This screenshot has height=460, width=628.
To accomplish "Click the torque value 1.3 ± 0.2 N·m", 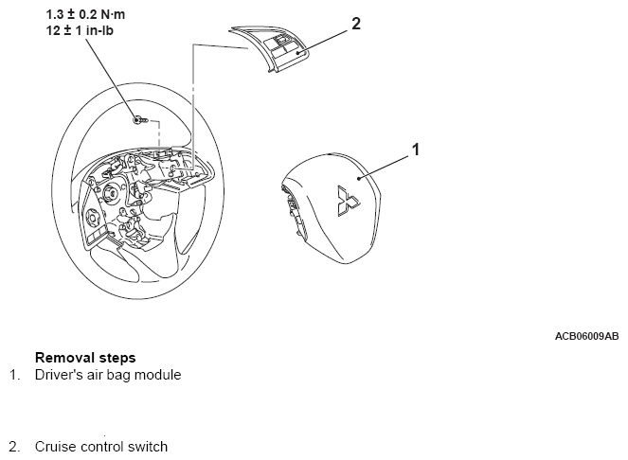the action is tap(85, 14).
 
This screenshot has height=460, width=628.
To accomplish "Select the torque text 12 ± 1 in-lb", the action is tap(80, 30).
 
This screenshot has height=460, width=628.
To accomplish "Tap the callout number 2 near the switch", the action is tap(355, 24).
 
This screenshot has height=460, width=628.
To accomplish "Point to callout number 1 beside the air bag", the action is tap(416, 150).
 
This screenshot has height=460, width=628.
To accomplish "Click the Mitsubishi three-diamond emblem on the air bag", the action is tap(348, 201).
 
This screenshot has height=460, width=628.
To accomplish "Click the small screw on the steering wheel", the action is tap(140, 119).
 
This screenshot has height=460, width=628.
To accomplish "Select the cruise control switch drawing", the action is tap(268, 49).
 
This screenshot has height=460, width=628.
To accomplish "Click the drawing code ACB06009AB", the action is tap(586, 336).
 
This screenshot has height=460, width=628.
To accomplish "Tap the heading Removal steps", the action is tap(85, 357).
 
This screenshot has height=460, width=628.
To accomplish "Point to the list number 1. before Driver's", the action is tap(14, 375).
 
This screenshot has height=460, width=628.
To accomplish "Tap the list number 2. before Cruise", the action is tap(14, 447).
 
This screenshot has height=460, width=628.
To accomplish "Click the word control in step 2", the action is tap(101, 447).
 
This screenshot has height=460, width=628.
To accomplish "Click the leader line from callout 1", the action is tap(385, 167).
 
